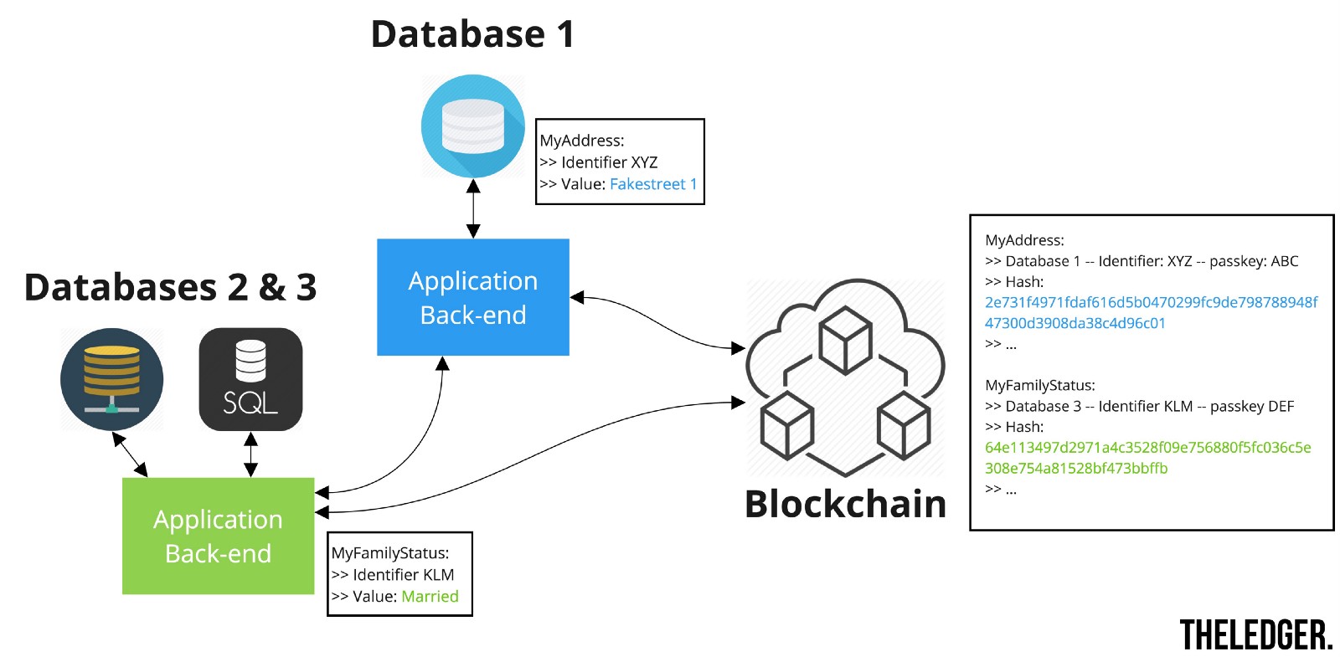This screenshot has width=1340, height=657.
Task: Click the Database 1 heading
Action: [472, 35]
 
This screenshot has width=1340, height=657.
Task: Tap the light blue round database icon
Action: [473, 126]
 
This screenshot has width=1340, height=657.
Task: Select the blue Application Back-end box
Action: [473, 297]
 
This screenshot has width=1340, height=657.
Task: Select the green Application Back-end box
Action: [218, 536]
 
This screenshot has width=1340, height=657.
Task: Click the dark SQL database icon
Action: [250, 379]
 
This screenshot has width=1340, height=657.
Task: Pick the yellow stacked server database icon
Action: [112, 379]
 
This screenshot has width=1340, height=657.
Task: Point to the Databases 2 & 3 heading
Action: [170, 287]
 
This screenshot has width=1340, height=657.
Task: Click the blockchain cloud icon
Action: [846, 377]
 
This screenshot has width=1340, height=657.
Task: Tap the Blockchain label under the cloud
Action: [846, 505]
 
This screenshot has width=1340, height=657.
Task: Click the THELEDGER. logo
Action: [1255, 635]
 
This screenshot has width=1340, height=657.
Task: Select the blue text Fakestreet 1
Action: [653, 184]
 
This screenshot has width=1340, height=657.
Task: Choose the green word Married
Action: [430, 597]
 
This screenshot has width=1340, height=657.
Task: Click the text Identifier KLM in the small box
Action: [403, 575]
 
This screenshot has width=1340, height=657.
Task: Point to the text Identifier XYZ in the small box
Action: [609, 162]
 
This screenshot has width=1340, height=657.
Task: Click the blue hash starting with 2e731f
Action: [1151, 312]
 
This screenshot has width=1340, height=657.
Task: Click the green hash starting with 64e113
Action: [1147, 458]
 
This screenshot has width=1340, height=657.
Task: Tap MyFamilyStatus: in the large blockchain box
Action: [1040, 385]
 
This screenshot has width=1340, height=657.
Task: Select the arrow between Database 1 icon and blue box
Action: [473, 208]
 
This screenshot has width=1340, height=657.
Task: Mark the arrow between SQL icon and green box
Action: [250, 454]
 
